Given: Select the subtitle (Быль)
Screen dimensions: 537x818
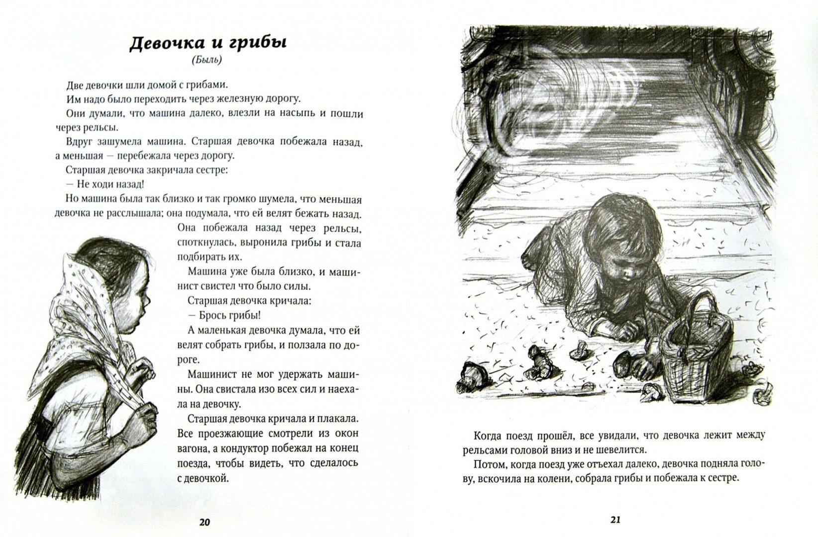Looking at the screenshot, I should (206, 61).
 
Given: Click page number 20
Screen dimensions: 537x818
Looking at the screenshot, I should (205, 522).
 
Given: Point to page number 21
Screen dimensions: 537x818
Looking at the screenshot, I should (615, 520).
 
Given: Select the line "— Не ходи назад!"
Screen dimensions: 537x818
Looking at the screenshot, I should (105, 184).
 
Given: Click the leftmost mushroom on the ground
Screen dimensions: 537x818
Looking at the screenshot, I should (470, 373).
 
